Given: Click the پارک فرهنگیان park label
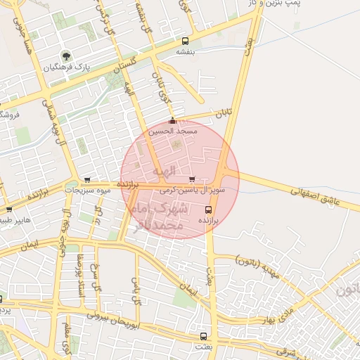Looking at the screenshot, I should coord(69,68).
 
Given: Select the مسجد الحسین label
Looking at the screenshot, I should coord(173,131).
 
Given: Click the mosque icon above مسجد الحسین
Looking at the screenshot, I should coord(172,121).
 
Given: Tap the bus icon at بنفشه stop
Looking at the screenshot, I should coord(185,41).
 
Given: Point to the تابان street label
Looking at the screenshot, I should coord(224,113).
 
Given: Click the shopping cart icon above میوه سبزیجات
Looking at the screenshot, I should coord(87,180).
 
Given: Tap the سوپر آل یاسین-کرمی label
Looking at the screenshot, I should coord(192,190).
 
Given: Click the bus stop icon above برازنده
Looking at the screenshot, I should coord(208,210).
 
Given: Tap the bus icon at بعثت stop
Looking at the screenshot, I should coord(204,337).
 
